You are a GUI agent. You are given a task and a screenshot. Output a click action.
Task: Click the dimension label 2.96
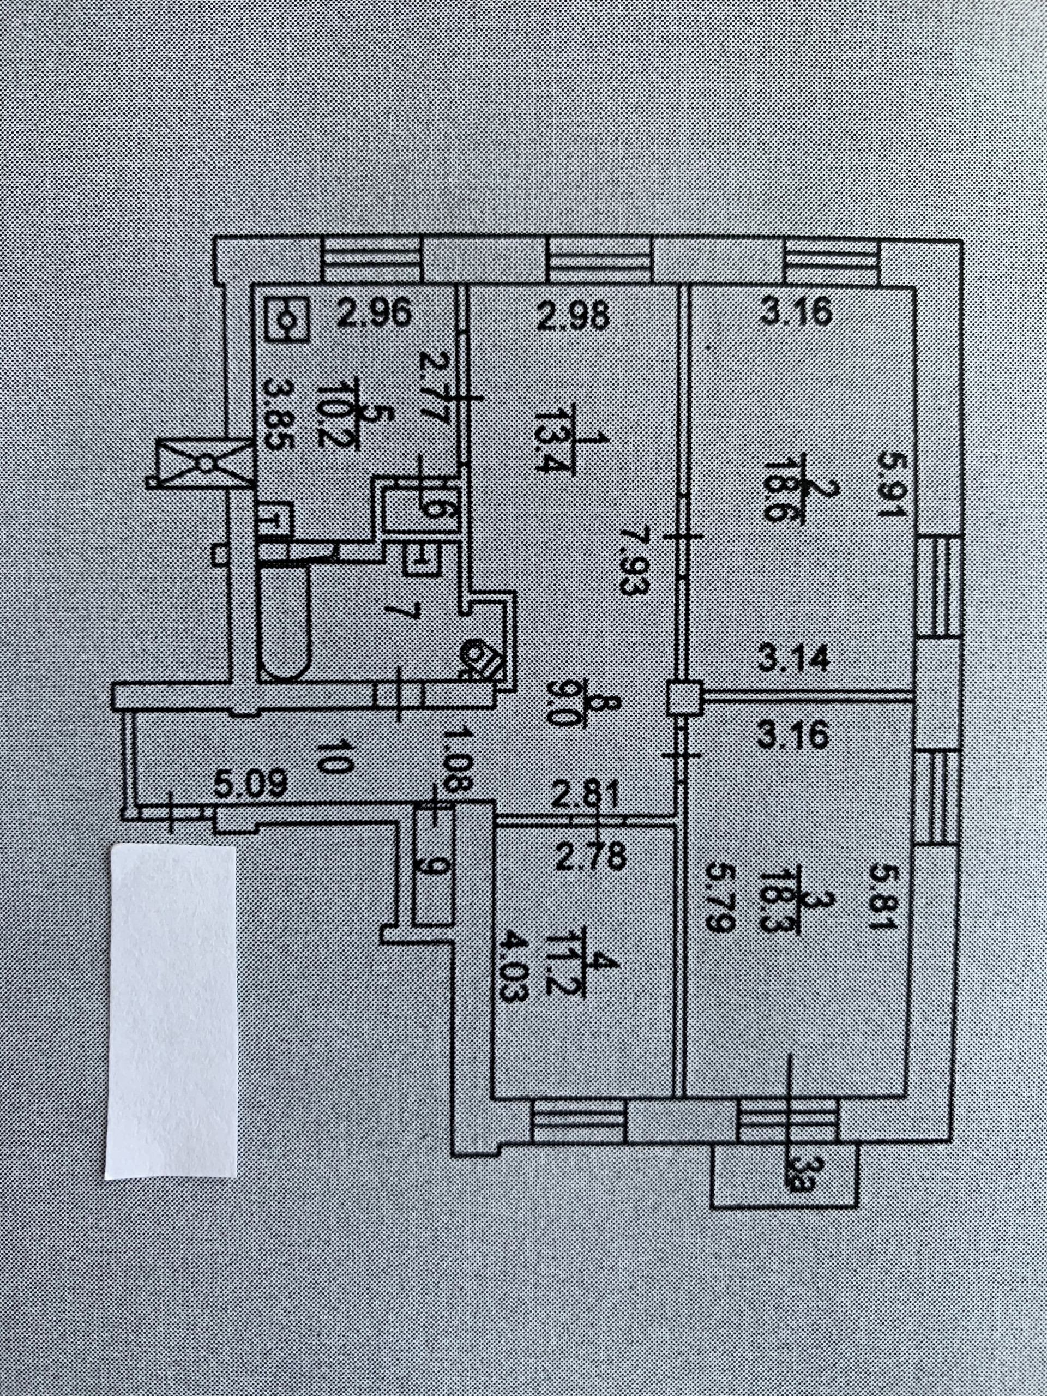tap(374, 314)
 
